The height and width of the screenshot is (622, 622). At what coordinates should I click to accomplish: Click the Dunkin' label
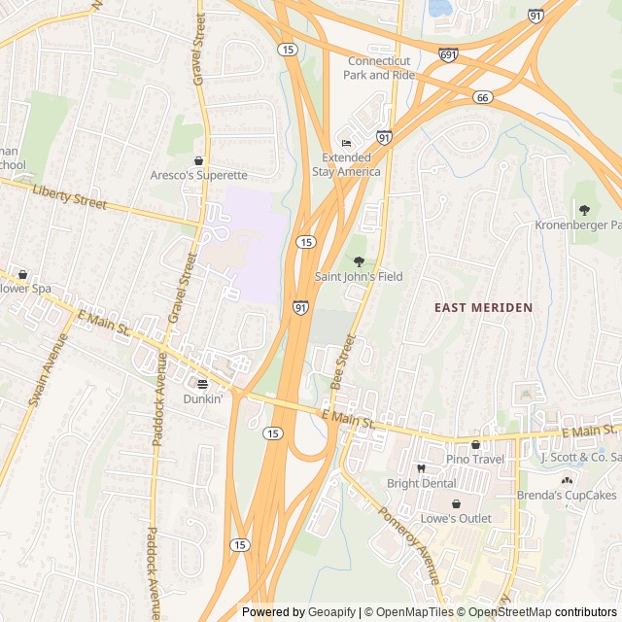point(203,398)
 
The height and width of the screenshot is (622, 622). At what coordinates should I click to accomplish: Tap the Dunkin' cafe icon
point(203,384)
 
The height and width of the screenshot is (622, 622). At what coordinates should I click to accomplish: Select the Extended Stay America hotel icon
point(346,143)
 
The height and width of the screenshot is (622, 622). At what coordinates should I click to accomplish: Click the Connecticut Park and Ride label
point(379,68)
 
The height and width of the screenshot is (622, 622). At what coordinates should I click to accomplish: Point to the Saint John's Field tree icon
point(359,261)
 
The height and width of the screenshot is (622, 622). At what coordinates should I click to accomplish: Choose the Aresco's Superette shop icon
point(199,160)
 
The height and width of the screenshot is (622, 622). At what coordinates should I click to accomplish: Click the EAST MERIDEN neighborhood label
point(483,307)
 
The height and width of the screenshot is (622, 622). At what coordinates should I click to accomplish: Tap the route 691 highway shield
point(447,55)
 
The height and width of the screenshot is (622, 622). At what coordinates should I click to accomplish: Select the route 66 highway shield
point(483,97)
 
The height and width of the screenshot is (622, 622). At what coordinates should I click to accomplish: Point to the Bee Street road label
point(342,363)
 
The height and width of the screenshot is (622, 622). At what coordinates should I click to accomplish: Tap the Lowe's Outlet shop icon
point(456,503)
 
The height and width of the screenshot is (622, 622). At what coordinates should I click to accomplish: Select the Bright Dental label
point(421,483)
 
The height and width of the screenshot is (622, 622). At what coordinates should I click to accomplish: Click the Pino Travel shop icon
point(475,444)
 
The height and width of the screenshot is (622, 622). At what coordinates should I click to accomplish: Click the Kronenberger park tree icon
point(584,210)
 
